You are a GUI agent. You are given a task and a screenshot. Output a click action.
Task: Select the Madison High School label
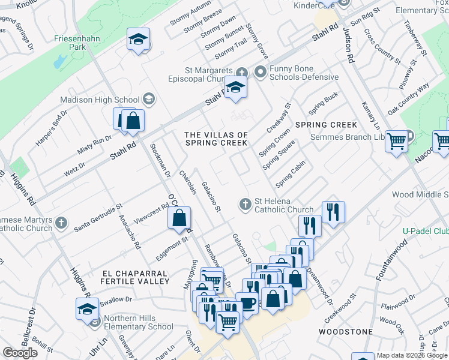pyautogui.click(x=100, y=100)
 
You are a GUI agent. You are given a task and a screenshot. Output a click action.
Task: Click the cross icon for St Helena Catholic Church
pyautogui.click(x=245, y=205)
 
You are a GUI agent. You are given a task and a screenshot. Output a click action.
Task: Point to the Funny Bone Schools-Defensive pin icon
pyautogui.click(x=260, y=72)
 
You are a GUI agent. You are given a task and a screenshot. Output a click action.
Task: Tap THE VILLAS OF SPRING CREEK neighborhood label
pyautogui.click(x=216, y=139)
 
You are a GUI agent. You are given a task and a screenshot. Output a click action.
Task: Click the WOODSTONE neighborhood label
pyautogui.click(x=345, y=331)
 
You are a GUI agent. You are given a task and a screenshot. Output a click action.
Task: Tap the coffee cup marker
pyautogui.click(x=247, y=303)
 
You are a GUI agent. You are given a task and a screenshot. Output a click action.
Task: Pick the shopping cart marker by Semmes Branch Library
pyautogui.click(x=396, y=142)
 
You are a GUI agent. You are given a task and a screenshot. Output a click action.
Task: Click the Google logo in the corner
pyautogui.click(x=20, y=353)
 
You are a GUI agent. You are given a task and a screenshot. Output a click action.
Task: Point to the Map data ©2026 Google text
pyautogui.click(x=412, y=355)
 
